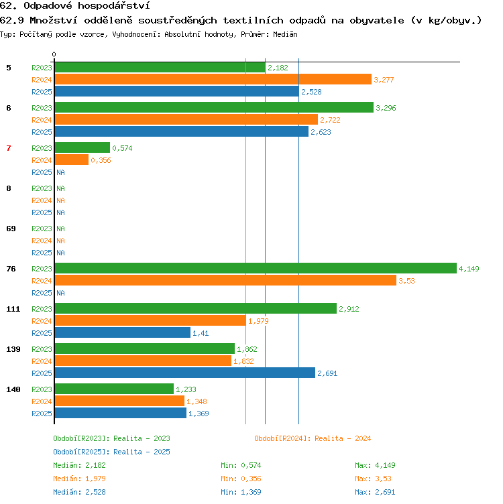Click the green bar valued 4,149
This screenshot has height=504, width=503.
point(256,268)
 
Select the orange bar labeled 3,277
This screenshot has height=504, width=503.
point(213,79)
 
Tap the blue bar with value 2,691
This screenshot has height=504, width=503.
point(185,373)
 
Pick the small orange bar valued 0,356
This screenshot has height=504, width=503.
point(72,160)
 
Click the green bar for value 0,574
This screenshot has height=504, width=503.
point(82,147)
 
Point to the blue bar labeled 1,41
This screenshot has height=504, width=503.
point(123,332)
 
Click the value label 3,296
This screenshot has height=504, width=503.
point(386,108)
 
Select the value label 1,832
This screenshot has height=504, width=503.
point(243,361)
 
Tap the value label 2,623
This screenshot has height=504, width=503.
point(321,132)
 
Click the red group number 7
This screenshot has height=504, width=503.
point(9,148)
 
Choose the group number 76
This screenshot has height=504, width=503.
point(11,269)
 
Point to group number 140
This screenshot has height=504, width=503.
point(13,389)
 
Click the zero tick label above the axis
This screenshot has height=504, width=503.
point(54,54)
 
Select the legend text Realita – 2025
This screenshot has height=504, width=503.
point(142,452)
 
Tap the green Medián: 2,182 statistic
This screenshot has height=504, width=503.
point(79,465)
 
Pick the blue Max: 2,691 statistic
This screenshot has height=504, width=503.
point(375,492)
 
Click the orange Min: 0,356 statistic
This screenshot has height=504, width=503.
point(241,479)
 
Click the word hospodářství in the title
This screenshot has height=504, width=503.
point(114,6)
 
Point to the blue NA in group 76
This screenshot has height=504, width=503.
point(60,293)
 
